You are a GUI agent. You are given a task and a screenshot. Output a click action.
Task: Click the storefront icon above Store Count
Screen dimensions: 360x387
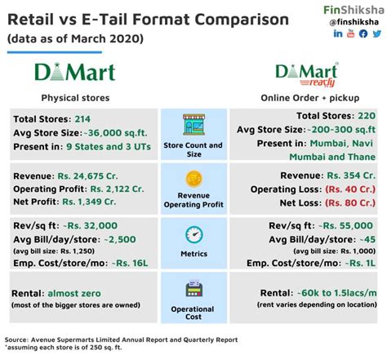194,127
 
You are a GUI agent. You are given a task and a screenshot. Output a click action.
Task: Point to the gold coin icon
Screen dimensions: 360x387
194,179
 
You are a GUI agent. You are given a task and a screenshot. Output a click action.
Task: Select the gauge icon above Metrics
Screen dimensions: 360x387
194,235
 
